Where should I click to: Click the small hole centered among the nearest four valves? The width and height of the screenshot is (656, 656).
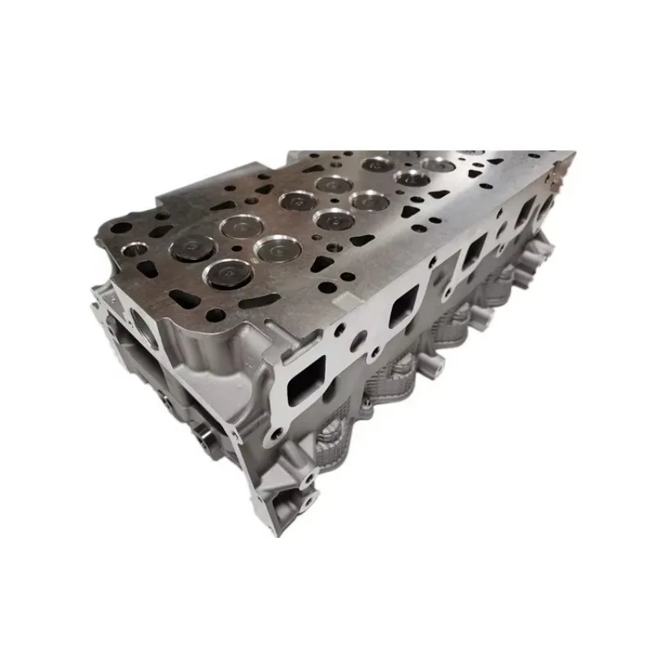pos(232,248)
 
